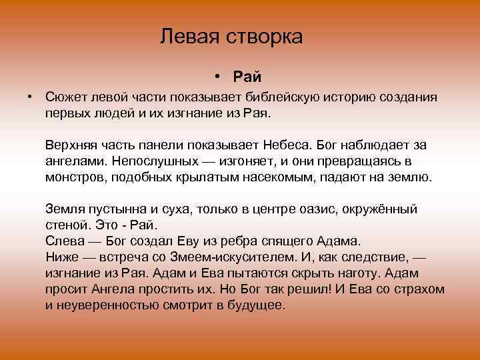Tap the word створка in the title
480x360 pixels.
(265, 36)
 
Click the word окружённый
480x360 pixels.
(381, 209)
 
